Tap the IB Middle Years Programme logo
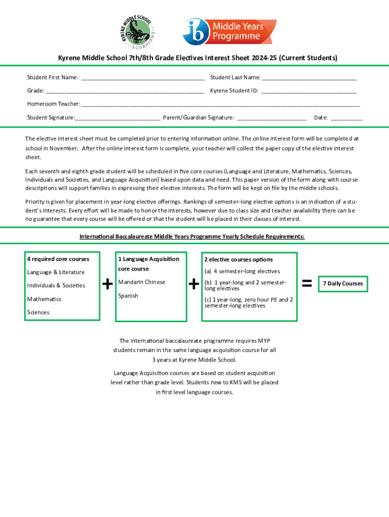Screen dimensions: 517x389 pos(229,31)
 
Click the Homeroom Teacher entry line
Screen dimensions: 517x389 pos(221,105)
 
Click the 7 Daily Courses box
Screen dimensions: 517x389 pos(343,284)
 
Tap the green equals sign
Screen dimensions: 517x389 pos(306,284)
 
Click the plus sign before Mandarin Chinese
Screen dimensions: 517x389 pos(107,285)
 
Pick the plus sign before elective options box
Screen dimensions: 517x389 pos(193,285)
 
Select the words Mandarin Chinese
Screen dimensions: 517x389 pos(141,282)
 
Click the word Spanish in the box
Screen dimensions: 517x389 pos(128,296)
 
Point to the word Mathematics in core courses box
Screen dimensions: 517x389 pos(44,299)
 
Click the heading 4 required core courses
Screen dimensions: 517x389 pos(58,259)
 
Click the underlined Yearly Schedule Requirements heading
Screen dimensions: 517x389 pos(192,236)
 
